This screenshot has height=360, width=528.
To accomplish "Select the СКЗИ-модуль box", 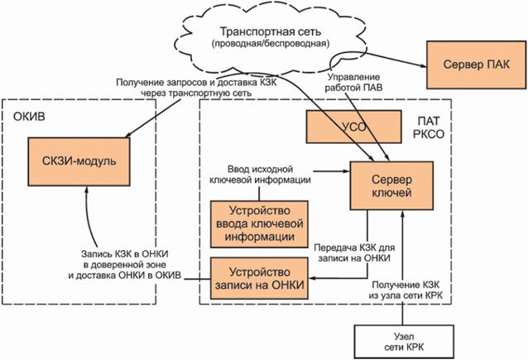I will click(x=84, y=160).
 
